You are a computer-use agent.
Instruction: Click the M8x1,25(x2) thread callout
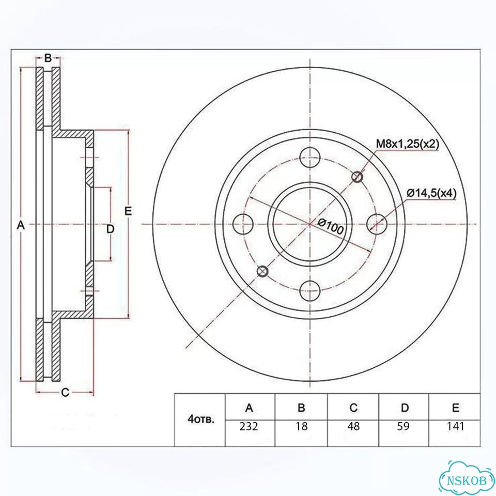point(407,144)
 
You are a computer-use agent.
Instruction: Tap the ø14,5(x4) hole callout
point(431,193)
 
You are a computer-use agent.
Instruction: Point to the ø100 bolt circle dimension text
point(330,226)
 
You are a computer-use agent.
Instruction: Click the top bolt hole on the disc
point(310,157)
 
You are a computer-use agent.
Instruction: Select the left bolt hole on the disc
point(243,224)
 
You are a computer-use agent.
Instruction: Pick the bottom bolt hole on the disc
point(310,290)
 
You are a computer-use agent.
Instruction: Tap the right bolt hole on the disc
point(377,224)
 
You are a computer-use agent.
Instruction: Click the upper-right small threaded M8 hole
point(358,177)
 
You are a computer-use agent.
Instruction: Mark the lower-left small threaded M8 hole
point(262,271)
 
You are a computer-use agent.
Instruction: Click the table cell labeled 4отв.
point(200,420)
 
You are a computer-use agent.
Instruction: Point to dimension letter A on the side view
point(21,225)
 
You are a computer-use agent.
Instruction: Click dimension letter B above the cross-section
point(48,58)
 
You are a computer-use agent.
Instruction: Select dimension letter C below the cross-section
point(65,392)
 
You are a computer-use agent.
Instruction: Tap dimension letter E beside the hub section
point(128,211)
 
